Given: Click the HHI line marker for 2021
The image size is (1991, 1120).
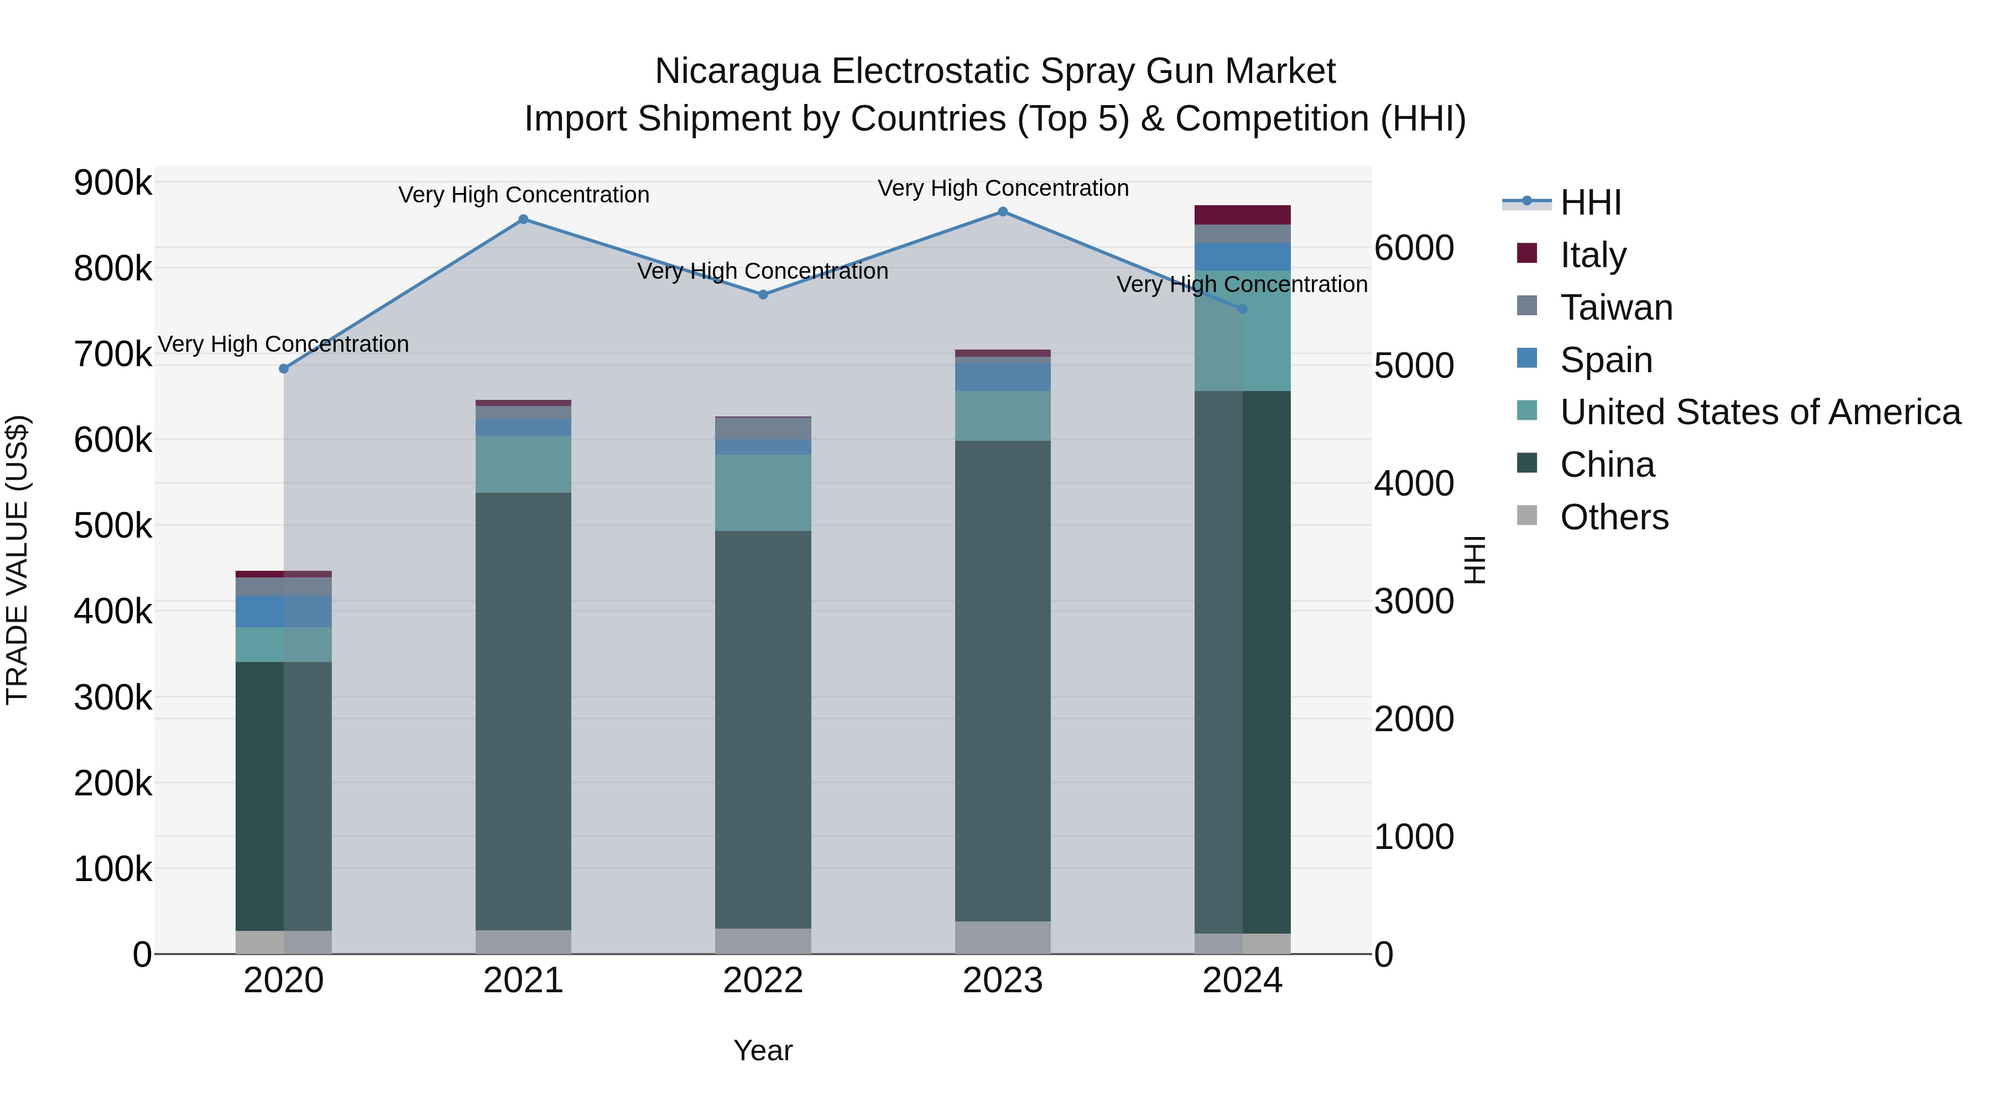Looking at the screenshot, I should (x=523, y=220).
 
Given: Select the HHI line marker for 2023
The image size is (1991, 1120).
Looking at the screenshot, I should (x=1003, y=212).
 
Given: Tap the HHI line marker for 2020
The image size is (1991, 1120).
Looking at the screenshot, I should (x=284, y=369).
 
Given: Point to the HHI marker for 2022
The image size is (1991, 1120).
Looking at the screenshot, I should (x=763, y=294).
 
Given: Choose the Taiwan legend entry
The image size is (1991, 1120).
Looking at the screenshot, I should (x=1615, y=308).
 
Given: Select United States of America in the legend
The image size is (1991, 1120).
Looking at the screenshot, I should (x=1759, y=412).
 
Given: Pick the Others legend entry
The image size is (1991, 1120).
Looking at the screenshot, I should (x=1614, y=517).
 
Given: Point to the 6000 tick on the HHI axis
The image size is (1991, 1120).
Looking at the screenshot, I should (x=1414, y=248).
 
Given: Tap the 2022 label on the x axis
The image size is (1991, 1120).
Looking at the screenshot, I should (x=763, y=981).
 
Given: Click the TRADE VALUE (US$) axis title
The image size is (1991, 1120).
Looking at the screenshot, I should (x=18, y=560).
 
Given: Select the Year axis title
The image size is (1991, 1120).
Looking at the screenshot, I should (x=763, y=1050).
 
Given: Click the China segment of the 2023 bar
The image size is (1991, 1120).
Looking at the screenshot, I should (x=1003, y=680).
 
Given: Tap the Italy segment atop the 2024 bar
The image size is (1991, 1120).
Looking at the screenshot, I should (x=1242, y=215).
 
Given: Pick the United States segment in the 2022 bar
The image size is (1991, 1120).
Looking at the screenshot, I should (x=763, y=492).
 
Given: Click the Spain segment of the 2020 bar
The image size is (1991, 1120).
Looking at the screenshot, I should (x=284, y=611).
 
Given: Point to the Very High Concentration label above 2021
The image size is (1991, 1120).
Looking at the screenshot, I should (x=523, y=195).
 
